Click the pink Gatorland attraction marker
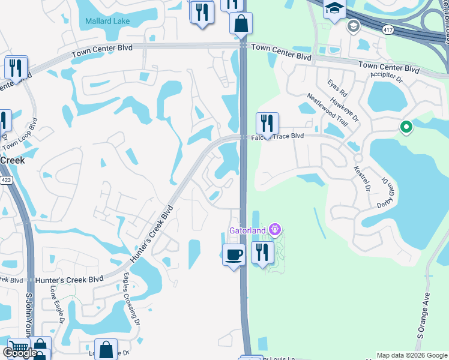[x=276, y=229]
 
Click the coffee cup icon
[x=234, y=254]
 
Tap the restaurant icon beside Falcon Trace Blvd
[x=267, y=123]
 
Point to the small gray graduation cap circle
[x=353, y=26]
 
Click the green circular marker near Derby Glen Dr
[x=406, y=127]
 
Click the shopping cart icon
[x=19, y=348]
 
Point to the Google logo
[x=19, y=353]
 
